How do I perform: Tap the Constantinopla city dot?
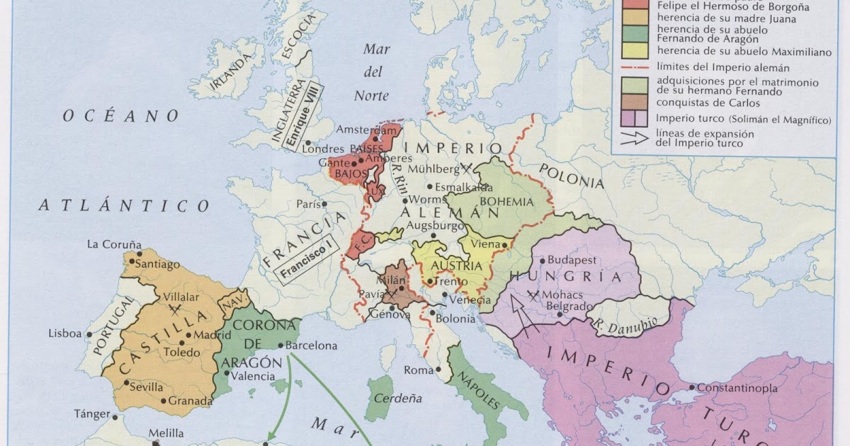pyautogui.click(x=691, y=387)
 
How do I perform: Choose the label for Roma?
pyautogui.click(x=418, y=370)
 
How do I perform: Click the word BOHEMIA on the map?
pyautogui.click(x=506, y=202)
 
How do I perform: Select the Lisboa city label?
pyautogui.click(x=65, y=333)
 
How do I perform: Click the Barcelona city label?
pyautogui.click(x=312, y=346)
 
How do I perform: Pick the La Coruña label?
pyautogui.click(x=114, y=244)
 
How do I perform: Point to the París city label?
pyautogui.click(x=308, y=204)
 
